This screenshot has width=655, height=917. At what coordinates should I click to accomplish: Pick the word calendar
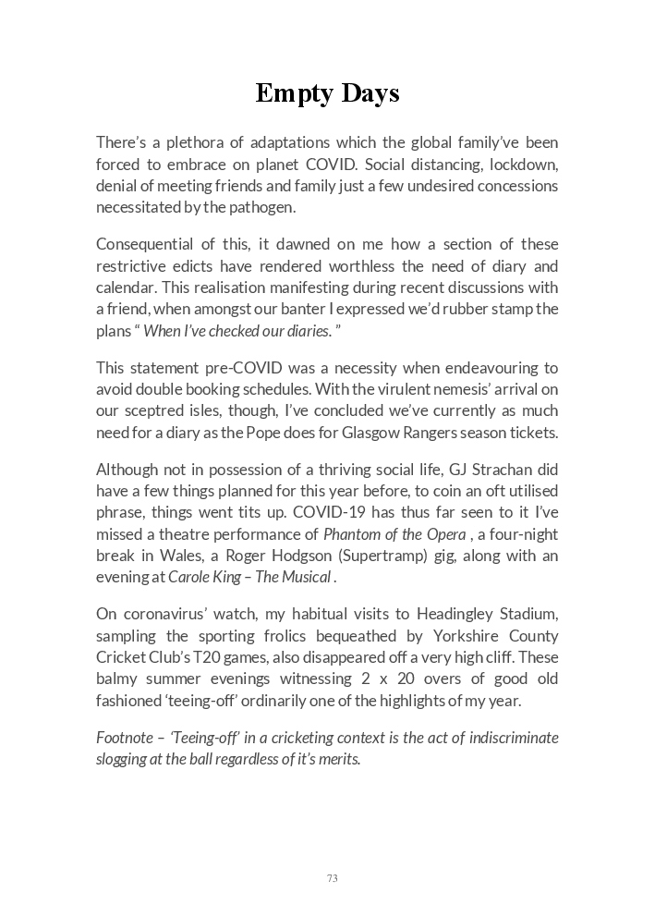pyautogui.click(x=127, y=287)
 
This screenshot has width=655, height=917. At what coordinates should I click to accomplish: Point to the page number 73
pyautogui.click(x=332, y=878)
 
